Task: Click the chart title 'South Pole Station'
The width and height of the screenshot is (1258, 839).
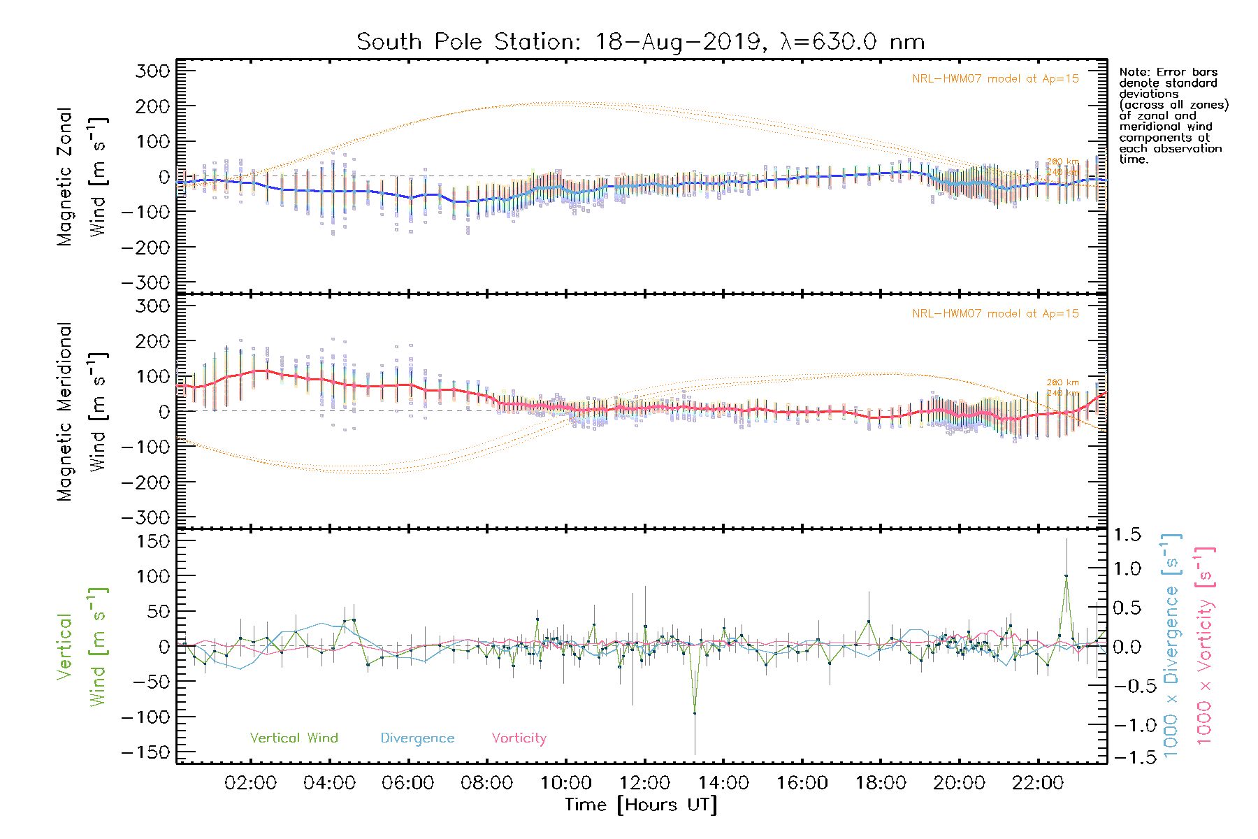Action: coord(468,42)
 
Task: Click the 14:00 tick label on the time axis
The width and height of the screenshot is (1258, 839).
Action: coord(723,783)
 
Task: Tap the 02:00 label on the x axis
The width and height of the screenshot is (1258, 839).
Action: coord(250,783)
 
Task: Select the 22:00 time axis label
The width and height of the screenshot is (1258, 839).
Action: coord(1038,783)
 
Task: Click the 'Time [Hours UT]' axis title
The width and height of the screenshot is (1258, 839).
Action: coord(641,805)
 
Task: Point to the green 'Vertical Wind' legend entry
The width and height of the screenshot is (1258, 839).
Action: coord(294,738)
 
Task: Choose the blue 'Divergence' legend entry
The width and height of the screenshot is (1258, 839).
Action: coord(417,738)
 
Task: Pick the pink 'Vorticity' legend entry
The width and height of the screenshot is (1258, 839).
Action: coord(519,738)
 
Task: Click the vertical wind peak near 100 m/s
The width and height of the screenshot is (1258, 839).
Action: coord(1066,576)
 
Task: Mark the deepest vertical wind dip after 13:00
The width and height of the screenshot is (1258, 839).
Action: coord(695,713)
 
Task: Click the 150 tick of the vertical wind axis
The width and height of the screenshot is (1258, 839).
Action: coord(153,541)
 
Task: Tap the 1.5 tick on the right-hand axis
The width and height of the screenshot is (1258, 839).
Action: coord(1127,535)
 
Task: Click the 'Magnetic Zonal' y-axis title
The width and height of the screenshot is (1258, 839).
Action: coord(64,177)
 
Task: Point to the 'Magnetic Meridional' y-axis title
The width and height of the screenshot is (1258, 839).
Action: coord(64,412)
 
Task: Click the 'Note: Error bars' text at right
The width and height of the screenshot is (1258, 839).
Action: coord(1168,72)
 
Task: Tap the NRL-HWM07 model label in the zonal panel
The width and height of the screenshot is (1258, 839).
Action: coord(995,79)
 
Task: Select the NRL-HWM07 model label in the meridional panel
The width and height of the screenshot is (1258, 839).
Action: coord(995,314)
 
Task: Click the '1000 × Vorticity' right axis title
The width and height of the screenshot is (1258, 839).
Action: coord(1205,645)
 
